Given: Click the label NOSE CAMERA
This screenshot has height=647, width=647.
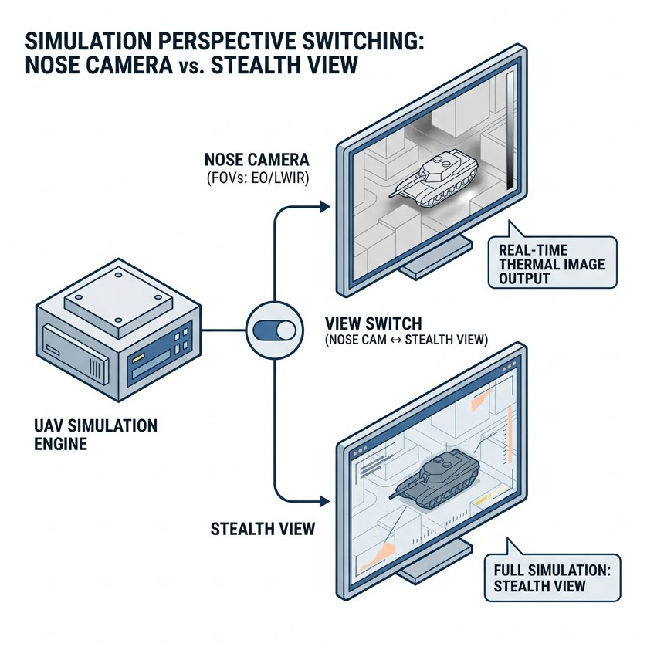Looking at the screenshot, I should pos(256,161).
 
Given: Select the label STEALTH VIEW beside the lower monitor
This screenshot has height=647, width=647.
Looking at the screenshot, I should pos(263,529).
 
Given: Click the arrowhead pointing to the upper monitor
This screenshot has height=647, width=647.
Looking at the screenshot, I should pos(323,207).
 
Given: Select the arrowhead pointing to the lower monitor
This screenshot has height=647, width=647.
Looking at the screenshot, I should pos(325,503).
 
